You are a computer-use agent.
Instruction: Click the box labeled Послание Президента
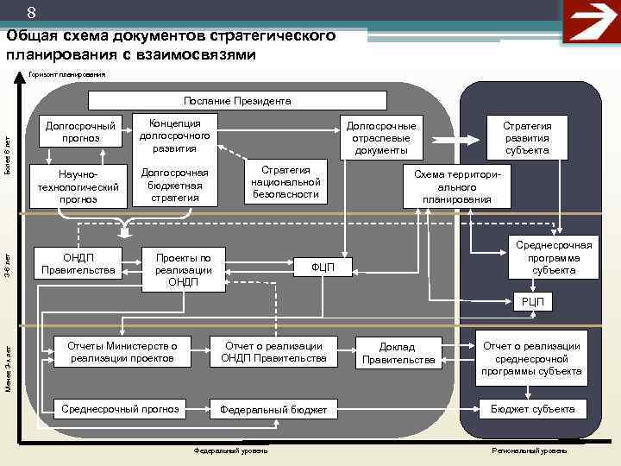pyautogui.click(x=237, y=101)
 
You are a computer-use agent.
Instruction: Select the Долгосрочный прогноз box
pyautogui.click(x=81, y=132)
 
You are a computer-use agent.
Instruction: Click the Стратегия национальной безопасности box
pyautogui.click(x=285, y=180)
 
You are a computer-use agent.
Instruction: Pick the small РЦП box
pyautogui.click(x=533, y=301)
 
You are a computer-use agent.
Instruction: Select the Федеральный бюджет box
pyautogui.click(x=273, y=410)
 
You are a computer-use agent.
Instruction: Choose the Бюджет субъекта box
pyautogui.click(x=533, y=409)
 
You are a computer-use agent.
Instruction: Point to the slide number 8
pyautogui.click(x=31, y=13)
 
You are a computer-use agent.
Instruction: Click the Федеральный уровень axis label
pyautogui.click(x=230, y=451)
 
